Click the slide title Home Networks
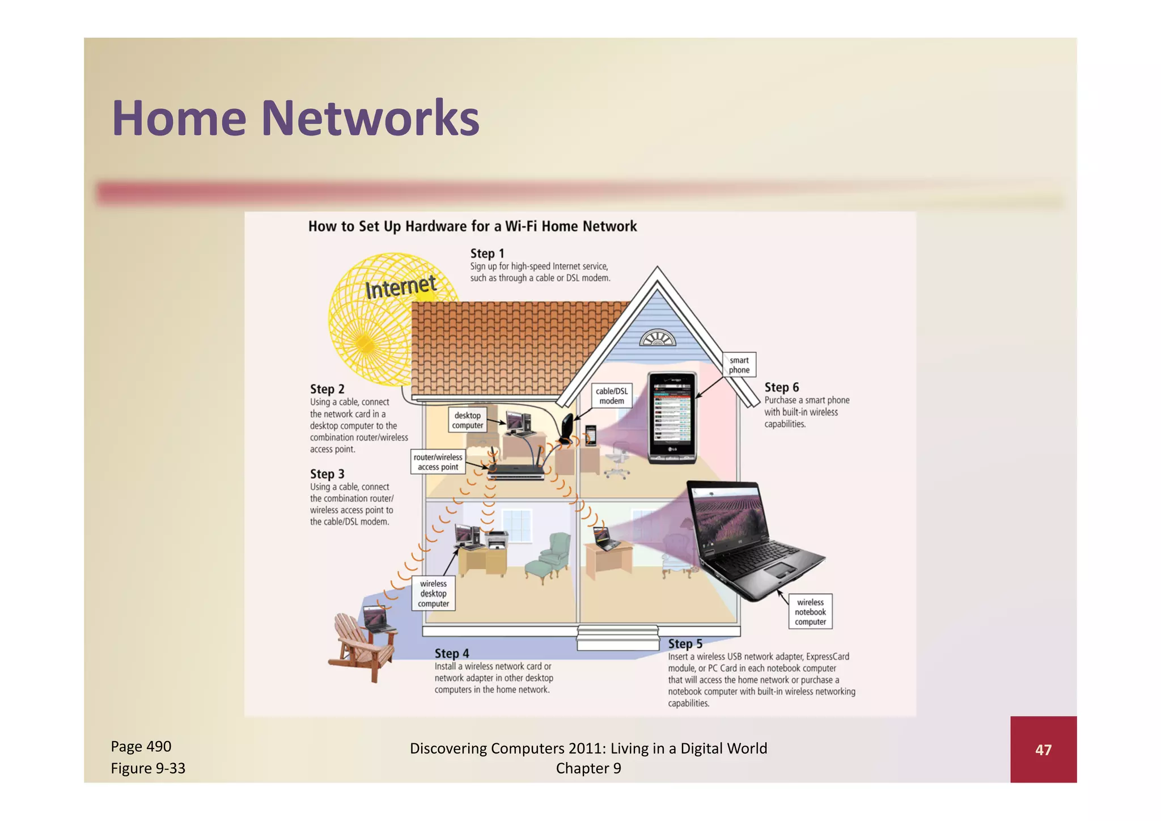pyautogui.click(x=295, y=119)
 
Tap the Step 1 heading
pyautogui.click(x=486, y=253)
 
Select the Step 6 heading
pyautogui.click(x=781, y=387)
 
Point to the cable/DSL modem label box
pyautogui.click(x=611, y=396)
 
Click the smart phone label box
pyautogui.click(x=739, y=365)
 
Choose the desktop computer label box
pyautogui.click(x=467, y=420)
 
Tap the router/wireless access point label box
pyautogui.click(x=438, y=462)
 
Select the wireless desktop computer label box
pyautogui.click(x=433, y=594)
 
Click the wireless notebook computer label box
pyautogui.click(x=810, y=612)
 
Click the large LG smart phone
pyautogui.click(x=672, y=417)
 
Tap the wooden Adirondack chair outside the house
pyautogui.click(x=363, y=646)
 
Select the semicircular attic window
pyautogui.click(x=658, y=338)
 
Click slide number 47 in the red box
pyautogui.click(x=1043, y=750)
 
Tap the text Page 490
pyautogui.click(x=141, y=746)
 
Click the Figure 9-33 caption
pyautogui.click(x=148, y=768)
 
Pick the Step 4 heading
pyautogui.click(x=451, y=653)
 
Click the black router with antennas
pyautogui.click(x=516, y=469)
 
